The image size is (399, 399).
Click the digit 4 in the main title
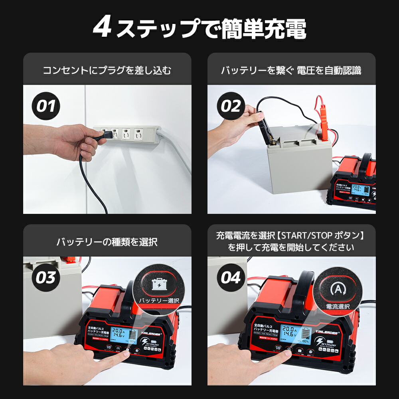point(103,28)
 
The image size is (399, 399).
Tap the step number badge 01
point(46,107)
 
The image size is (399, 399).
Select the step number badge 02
point(231,107)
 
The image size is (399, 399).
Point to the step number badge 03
point(46,278)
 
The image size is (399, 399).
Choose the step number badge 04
point(231,278)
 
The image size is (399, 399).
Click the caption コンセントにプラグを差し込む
point(107,71)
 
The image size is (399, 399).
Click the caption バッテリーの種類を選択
point(107,242)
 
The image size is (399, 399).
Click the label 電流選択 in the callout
point(338,306)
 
